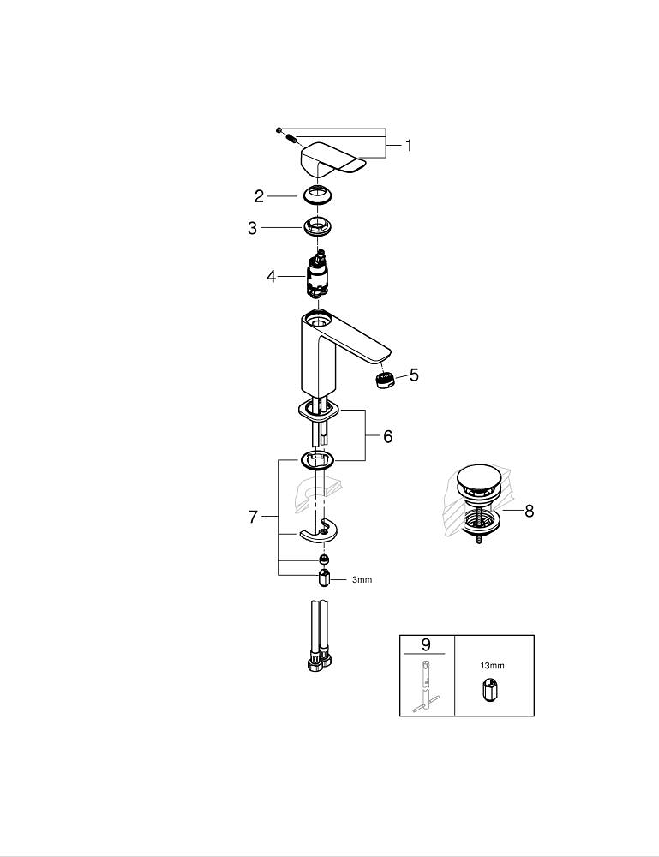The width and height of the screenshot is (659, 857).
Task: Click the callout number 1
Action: coord(409,146)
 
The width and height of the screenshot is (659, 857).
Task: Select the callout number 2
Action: coord(259,196)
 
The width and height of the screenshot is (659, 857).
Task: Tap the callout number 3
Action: coord(252,228)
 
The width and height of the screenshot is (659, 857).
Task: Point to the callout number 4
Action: coord(272,277)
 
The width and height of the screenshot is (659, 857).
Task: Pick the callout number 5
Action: coord(414,375)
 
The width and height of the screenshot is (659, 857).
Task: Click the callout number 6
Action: coord(388,436)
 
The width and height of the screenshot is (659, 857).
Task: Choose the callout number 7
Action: coord(253,517)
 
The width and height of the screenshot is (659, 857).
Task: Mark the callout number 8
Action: coord(529,512)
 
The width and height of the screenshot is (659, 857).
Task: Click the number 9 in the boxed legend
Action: coord(426,645)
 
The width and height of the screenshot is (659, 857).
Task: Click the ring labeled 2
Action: coord(317,195)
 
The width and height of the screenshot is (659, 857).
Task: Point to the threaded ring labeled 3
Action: coord(317,226)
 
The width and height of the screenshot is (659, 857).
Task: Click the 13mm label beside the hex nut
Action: coord(360,579)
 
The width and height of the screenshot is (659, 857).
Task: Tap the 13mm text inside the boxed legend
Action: coord(493,666)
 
